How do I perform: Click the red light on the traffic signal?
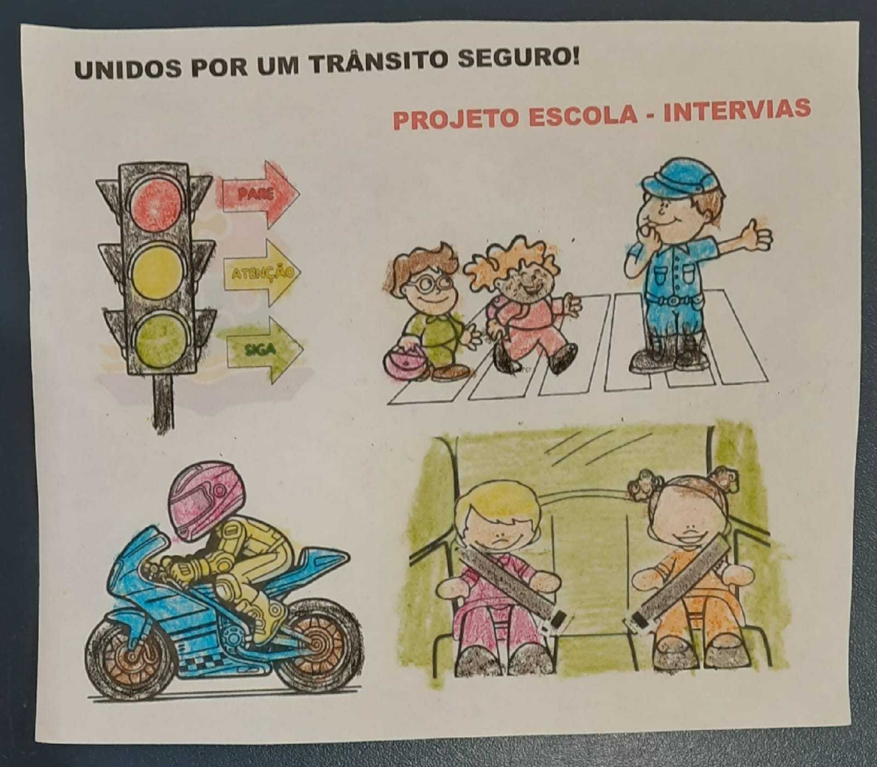tap(157, 198)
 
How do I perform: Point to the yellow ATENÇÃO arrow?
tap(263, 271)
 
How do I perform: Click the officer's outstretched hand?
tap(757, 235)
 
